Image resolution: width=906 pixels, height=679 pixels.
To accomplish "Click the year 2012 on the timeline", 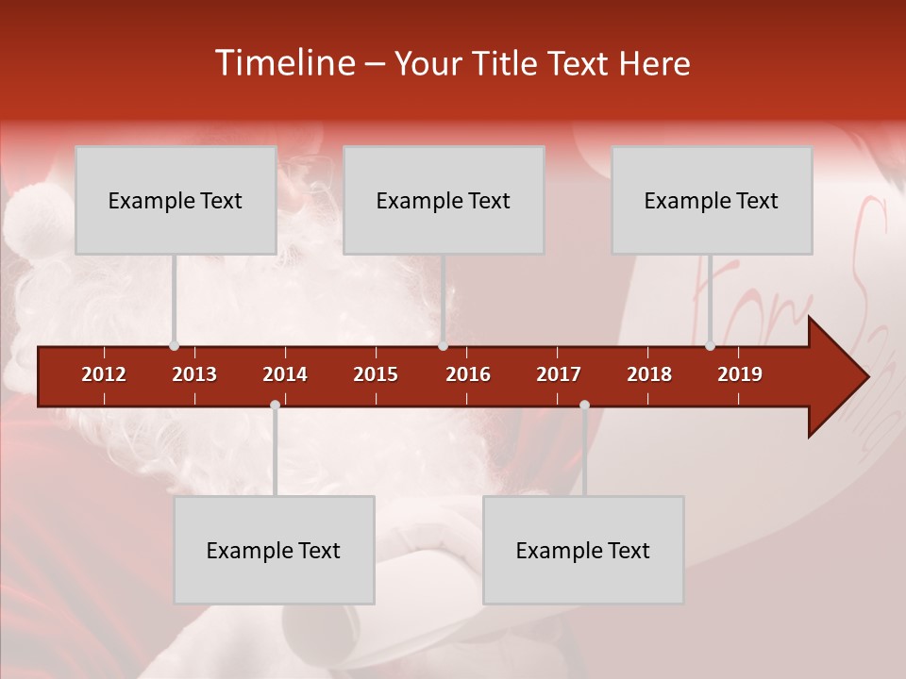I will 104,374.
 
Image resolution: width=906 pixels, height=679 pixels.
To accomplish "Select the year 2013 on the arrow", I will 194,374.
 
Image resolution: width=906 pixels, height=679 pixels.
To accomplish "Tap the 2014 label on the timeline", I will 285,374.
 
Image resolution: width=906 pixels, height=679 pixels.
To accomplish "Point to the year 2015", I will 376,374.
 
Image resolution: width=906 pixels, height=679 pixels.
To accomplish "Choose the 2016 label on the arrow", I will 468,374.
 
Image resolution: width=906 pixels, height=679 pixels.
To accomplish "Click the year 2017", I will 559,374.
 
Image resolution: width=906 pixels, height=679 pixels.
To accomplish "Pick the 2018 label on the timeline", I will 649,374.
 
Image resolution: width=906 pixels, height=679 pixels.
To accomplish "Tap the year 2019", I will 740,374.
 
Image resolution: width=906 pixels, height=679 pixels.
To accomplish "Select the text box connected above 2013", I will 176,200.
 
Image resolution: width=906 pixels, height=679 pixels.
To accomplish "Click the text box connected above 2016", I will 444,200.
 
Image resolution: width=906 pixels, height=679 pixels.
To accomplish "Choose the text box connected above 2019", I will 712,200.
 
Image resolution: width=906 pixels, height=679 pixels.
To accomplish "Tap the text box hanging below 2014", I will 274,550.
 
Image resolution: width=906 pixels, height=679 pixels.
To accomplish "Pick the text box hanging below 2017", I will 583,550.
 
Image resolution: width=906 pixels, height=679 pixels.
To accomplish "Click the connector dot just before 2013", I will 174,346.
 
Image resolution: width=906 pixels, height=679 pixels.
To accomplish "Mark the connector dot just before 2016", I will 443,346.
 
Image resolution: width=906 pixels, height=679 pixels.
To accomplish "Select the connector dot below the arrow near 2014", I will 275,406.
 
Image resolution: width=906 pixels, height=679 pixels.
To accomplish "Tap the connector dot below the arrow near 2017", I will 584,406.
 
